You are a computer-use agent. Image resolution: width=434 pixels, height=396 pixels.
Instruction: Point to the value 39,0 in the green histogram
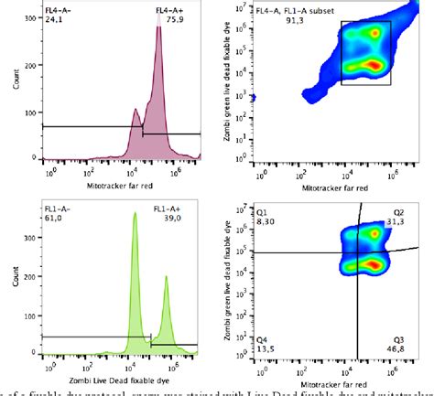click(169, 219)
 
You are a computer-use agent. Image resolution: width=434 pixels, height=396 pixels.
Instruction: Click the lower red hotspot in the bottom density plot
click(372, 263)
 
